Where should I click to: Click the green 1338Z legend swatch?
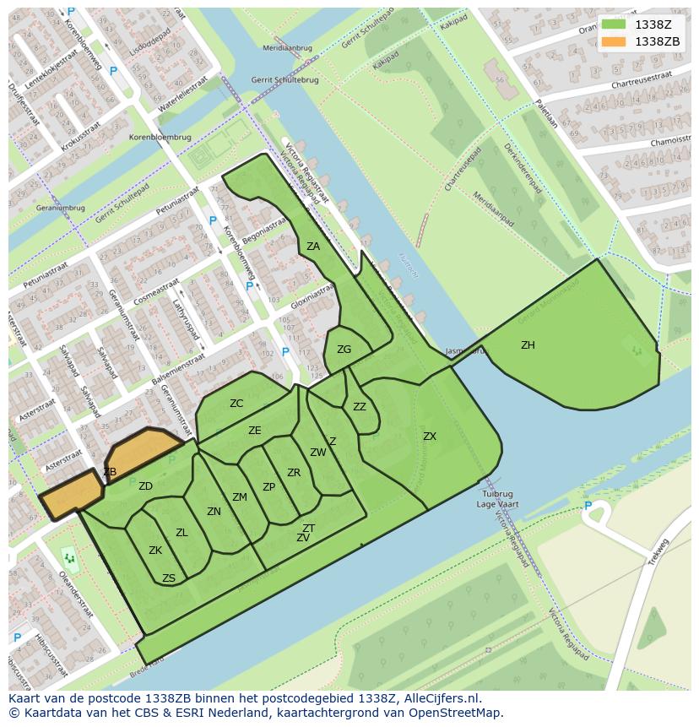(x=613, y=24)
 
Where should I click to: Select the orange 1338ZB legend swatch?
(x=613, y=41)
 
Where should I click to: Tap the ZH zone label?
(x=528, y=345)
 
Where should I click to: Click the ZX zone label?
(x=430, y=437)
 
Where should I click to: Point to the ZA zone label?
(x=313, y=247)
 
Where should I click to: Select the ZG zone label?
(x=344, y=350)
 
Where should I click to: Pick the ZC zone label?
(x=236, y=404)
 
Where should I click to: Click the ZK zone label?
(x=155, y=551)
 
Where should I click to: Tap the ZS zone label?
(x=169, y=578)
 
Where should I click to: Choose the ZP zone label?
(x=268, y=487)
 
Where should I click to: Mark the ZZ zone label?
(x=360, y=407)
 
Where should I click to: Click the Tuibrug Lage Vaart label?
(x=497, y=499)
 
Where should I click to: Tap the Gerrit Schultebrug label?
(x=273, y=80)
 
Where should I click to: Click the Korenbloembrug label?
(x=160, y=137)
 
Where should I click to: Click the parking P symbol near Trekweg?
(x=588, y=506)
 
